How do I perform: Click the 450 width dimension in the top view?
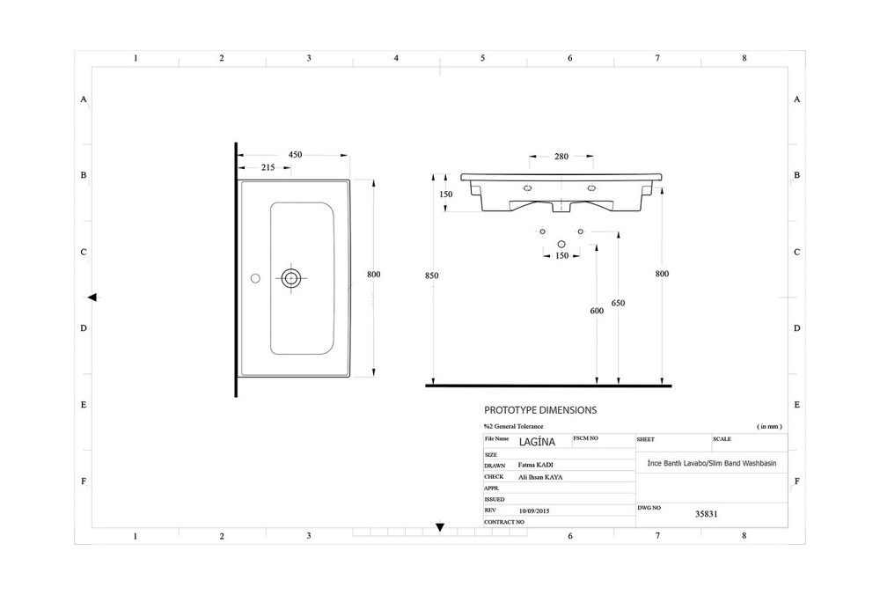pos(295,155)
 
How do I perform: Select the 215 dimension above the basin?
pos(268,167)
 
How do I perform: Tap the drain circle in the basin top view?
pos(291,278)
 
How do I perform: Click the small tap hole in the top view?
pos(255,278)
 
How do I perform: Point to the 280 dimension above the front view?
pos(561,158)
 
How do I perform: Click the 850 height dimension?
pos(431,275)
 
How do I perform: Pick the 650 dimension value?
pos(618,303)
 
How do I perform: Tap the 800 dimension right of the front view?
pos(662,274)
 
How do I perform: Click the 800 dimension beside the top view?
pos(373,275)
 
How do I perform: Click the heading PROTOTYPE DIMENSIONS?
pos(540,410)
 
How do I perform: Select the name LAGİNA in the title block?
pos(537,440)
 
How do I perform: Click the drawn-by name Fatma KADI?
pos(536,465)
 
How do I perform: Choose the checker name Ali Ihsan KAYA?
pos(540,477)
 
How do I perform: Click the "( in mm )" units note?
pos(769,426)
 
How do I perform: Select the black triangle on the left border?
pos(92,297)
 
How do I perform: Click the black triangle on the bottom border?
pos(440,528)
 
